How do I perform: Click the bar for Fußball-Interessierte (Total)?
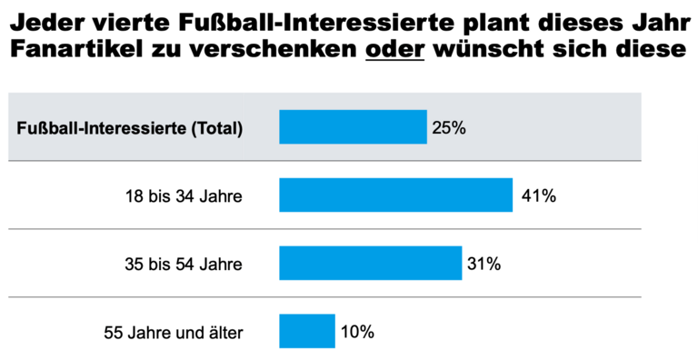[x=353, y=127]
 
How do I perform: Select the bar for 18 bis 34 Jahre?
[x=395, y=195]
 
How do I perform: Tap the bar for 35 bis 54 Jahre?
[x=370, y=263]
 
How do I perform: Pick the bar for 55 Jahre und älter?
[x=307, y=331]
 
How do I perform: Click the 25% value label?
[x=449, y=127]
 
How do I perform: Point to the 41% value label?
[x=538, y=195]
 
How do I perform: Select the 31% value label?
[x=484, y=264]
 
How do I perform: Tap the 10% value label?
[x=357, y=332]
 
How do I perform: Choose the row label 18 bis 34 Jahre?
[x=184, y=195]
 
